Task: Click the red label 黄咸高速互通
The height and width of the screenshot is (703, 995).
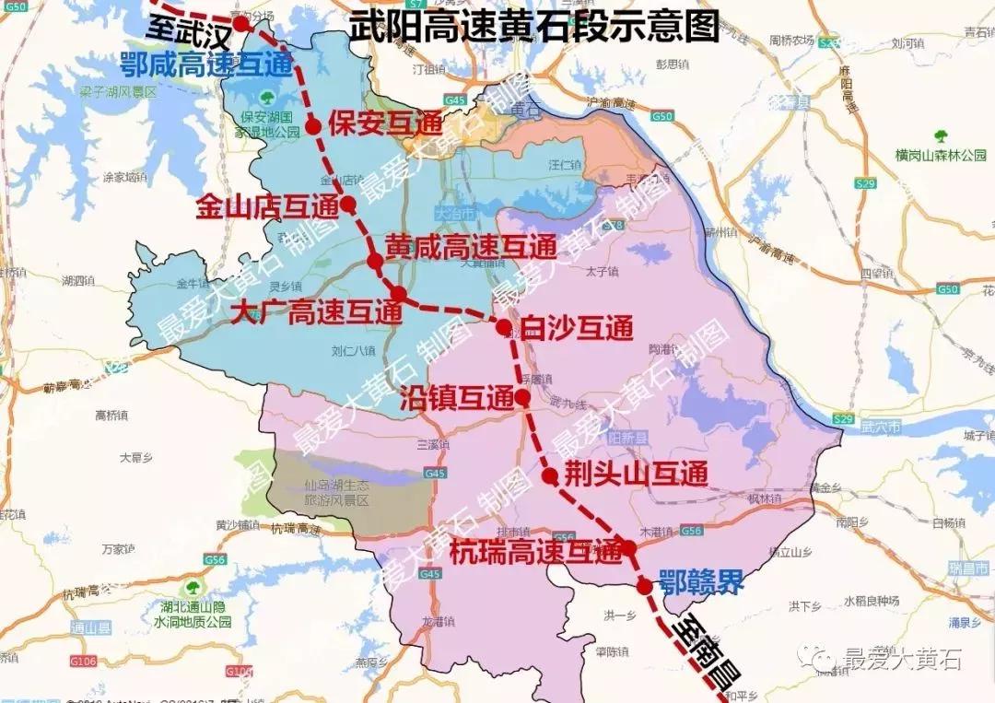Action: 471,247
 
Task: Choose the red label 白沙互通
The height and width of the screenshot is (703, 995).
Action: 577,328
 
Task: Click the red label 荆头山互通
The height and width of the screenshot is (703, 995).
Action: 637,475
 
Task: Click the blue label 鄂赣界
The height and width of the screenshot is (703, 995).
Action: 700,584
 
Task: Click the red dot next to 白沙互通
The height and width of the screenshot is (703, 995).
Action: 503,327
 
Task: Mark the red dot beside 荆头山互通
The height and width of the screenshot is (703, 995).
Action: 550,475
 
